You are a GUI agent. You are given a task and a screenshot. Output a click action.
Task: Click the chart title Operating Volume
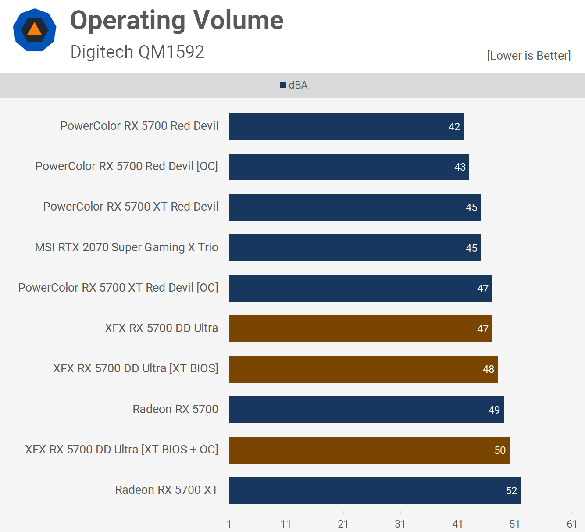pos(177,21)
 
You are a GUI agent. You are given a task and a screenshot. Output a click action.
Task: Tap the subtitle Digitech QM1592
pos(137,52)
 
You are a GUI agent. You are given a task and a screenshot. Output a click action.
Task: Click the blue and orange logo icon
pos(35,30)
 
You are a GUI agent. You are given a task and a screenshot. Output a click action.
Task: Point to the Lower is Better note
pos(528,56)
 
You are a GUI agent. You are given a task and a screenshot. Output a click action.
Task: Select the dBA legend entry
pos(294,85)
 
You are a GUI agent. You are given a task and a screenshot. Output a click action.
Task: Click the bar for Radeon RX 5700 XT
pos(375,490)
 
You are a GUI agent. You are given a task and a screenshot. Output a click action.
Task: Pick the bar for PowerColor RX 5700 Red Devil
pos(346,126)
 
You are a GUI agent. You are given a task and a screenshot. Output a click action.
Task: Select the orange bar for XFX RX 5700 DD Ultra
pos(360,328)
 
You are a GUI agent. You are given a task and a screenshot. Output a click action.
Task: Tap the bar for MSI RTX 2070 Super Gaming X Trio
pos(355,248)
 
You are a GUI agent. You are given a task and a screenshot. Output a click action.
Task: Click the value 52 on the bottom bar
pos(511,491)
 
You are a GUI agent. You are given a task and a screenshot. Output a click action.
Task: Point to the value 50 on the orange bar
pos(500,450)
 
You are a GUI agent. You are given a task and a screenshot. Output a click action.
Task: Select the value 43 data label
pos(460,167)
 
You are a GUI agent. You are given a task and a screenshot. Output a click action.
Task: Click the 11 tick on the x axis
pos(286,524)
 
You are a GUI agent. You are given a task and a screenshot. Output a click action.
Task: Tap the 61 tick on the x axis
pos(572,524)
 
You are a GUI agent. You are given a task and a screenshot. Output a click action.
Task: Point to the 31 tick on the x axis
pos(400,524)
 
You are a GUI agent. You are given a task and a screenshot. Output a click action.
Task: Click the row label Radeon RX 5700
pos(175,409)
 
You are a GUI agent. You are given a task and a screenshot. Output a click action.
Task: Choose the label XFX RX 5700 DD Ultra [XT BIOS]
pos(136,368)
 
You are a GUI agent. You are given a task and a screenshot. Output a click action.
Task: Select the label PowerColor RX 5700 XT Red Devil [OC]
pos(118,288)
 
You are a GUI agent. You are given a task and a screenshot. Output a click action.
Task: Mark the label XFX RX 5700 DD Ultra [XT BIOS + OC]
pos(121,450)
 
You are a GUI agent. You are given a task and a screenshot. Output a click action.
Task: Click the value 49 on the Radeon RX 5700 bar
pos(494,410)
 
